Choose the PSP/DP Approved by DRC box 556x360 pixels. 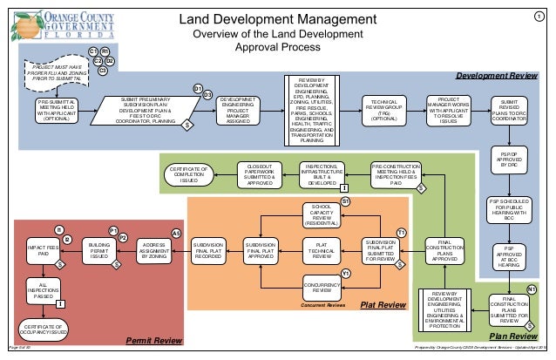pos(506,166)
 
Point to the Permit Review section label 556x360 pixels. pos(154,339)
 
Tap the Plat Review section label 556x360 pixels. pos(383,304)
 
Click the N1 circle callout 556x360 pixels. pos(532,289)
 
